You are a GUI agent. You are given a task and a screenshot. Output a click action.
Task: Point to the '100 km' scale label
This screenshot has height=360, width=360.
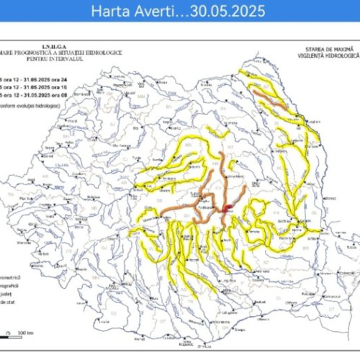tap(27, 333)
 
